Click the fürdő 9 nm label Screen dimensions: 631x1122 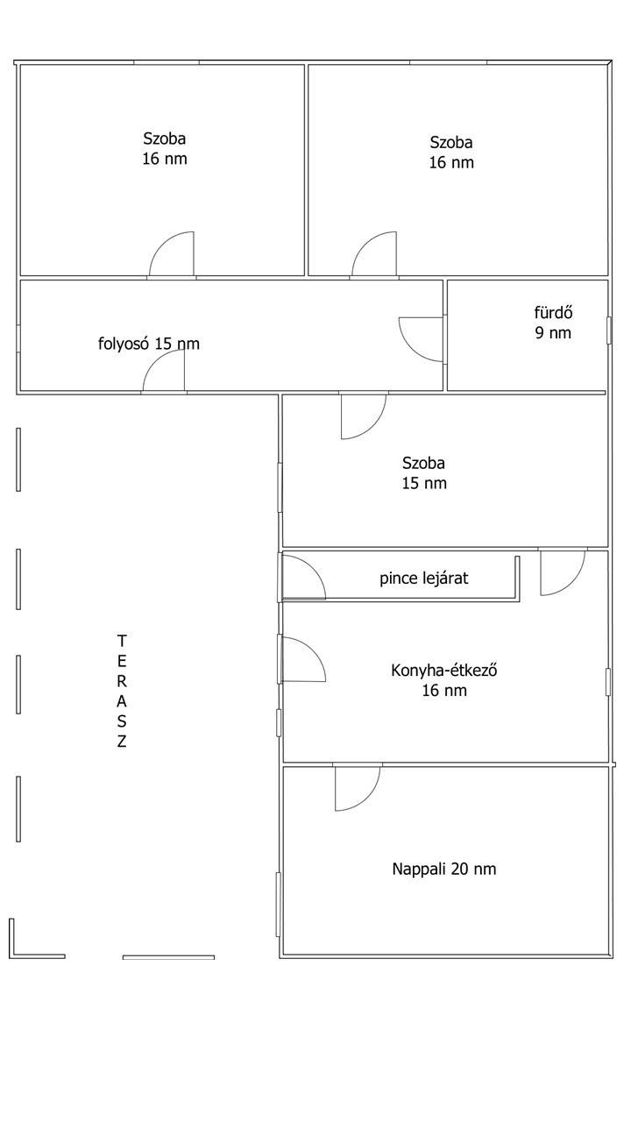pos(553,323)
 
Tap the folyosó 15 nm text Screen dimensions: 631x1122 pos(149,344)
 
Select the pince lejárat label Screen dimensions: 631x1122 pos(423,579)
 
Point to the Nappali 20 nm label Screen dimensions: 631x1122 pos(444,869)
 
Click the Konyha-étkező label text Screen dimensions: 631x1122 pos(443,671)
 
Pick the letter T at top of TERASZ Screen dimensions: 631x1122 pos(122,641)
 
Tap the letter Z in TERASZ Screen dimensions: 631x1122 pos(122,742)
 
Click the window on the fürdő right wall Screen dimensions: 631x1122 pos(609,330)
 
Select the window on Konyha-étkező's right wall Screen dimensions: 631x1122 pos(608,682)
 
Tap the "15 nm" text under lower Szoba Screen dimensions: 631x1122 pos(424,483)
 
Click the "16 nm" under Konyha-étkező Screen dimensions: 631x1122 pos(444,691)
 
